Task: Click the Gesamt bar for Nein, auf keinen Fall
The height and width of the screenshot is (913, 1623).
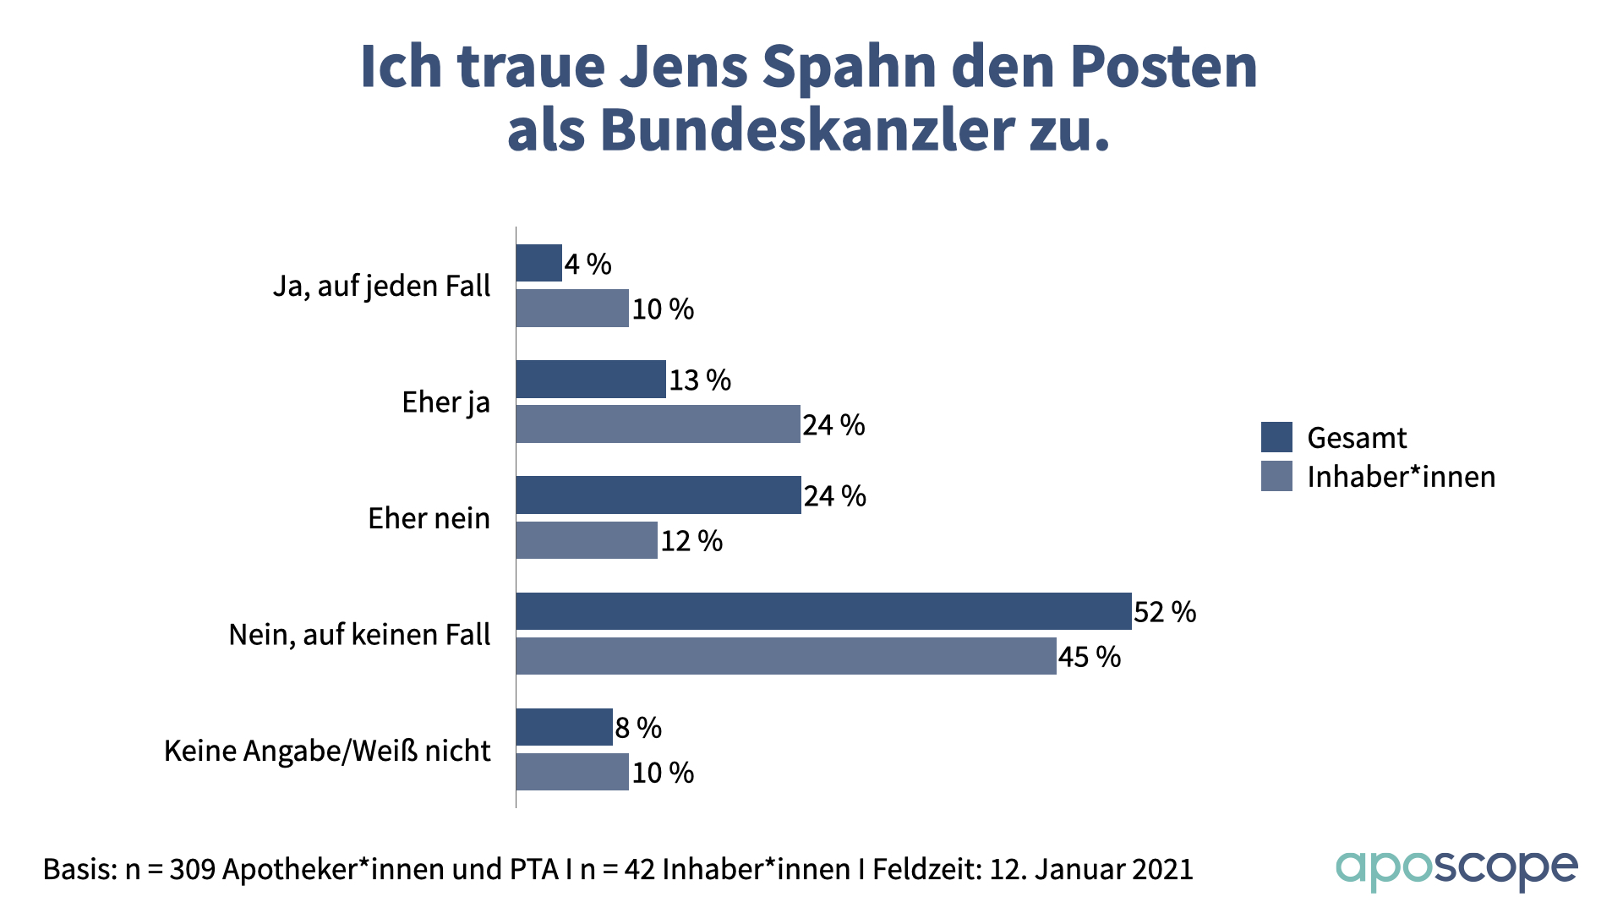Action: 823,611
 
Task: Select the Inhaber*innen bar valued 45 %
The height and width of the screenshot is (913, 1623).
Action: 786,656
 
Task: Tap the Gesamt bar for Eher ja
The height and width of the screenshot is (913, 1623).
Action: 591,380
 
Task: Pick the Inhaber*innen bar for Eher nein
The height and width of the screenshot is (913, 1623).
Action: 587,540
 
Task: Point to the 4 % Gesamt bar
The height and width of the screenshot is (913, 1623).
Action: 539,263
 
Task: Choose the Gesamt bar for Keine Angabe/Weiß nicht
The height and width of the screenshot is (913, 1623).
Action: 564,727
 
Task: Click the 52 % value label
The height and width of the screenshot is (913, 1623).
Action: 1165,612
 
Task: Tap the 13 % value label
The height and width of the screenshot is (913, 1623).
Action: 700,380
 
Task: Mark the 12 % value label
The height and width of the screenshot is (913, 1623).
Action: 691,541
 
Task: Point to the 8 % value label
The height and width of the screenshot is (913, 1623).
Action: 638,728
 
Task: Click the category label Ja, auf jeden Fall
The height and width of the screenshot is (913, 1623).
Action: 381,287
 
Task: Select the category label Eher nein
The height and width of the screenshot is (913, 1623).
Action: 429,518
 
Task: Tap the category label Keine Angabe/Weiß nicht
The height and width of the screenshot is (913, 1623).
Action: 327,751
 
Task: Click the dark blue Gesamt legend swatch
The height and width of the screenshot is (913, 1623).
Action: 1276,437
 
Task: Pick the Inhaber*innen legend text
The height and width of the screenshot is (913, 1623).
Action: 1401,477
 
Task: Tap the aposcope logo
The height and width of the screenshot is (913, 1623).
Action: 1456,870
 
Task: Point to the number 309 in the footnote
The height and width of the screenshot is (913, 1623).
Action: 193,869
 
